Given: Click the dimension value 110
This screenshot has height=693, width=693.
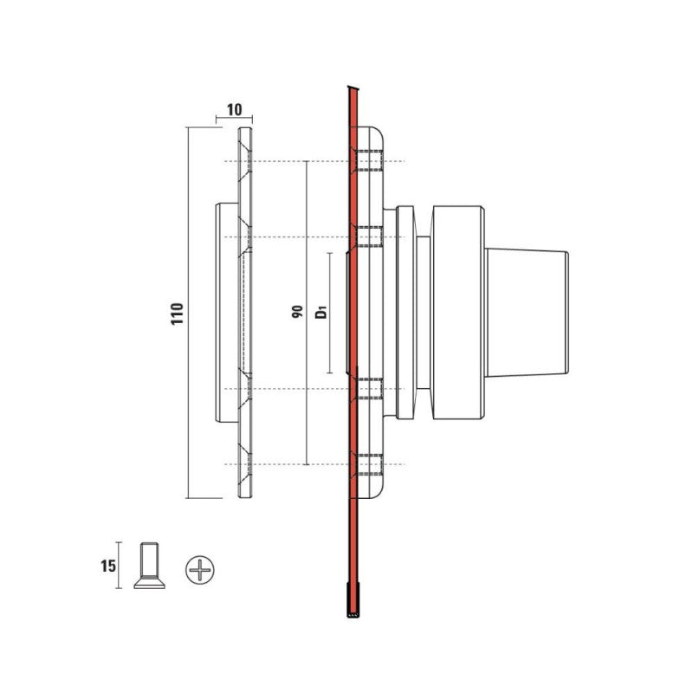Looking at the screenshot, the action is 178,314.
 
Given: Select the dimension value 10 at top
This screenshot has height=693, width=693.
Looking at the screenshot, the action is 235,110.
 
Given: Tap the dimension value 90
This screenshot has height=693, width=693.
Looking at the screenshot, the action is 297,312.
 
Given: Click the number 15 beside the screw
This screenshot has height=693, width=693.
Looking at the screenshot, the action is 108,566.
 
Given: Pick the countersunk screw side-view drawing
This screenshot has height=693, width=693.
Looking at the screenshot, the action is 149,566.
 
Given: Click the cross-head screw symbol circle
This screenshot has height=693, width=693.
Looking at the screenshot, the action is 200,570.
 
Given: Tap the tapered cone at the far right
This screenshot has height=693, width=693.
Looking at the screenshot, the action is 527,312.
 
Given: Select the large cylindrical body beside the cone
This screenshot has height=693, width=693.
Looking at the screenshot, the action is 458,312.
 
